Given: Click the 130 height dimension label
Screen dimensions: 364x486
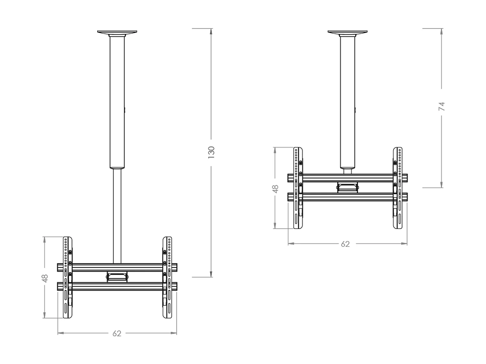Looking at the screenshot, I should point(211,152).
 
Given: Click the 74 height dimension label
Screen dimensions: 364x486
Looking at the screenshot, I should point(442,106).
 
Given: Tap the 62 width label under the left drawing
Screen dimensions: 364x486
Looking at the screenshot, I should point(117,333).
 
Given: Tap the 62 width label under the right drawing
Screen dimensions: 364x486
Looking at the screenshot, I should point(345,244).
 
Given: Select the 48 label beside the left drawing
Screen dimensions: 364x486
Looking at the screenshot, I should point(45,278).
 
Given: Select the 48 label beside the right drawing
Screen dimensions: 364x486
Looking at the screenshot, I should point(275,188).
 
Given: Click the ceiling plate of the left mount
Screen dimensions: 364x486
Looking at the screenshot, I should point(117,32).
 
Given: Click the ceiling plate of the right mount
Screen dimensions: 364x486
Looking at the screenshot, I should point(347,32).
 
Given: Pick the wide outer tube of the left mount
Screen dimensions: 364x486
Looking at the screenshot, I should point(117,104).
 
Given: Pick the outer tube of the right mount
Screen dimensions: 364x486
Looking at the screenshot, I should point(347,104).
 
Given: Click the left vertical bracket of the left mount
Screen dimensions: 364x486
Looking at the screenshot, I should point(67,277).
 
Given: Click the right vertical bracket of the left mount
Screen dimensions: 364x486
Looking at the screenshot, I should point(167,277).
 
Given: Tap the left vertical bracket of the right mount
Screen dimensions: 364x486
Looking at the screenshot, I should point(298,188).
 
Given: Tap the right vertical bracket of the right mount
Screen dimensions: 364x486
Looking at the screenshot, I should point(398,188).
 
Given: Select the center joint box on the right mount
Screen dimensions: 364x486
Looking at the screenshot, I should point(348,187).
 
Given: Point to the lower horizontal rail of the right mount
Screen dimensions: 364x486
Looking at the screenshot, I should point(347,197).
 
